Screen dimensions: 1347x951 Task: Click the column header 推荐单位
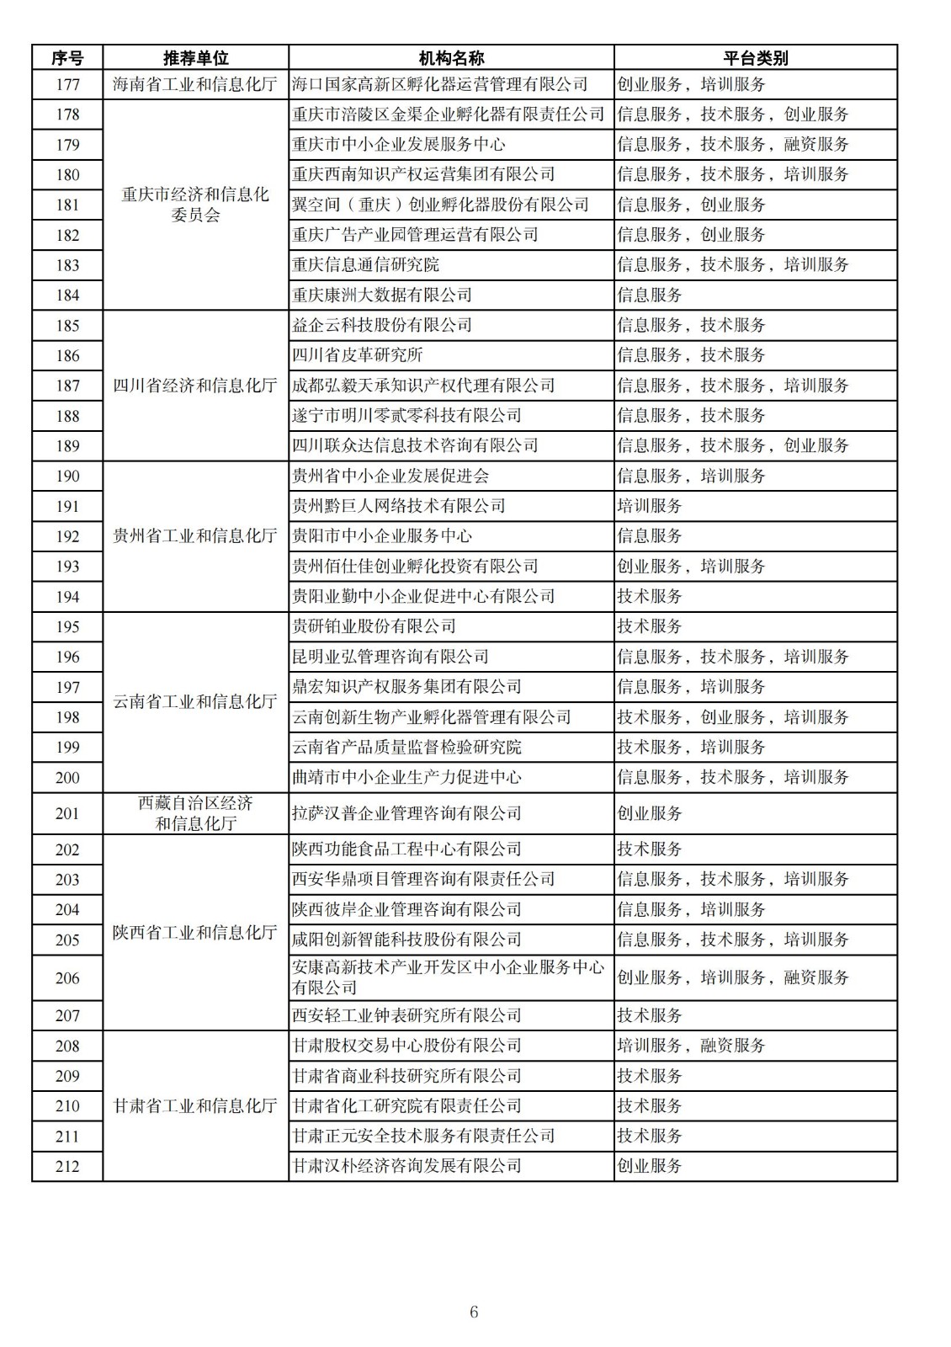(195, 58)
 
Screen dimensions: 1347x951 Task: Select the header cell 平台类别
(755, 58)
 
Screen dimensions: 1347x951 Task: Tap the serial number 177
(67, 84)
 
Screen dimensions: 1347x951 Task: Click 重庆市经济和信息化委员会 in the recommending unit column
(195, 205)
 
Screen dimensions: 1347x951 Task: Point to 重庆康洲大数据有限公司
(381, 295)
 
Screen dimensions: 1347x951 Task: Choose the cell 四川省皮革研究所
(357, 355)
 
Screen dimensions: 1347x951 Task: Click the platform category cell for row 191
(649, 506)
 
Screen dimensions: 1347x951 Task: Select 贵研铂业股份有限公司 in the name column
(374, 626)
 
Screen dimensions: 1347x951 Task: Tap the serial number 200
(67, 778)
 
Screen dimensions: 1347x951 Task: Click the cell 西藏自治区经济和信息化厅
(195, 813)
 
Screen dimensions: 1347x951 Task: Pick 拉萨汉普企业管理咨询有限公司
(406, 813)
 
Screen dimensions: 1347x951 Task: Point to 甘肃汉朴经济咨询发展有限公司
(406, 1166)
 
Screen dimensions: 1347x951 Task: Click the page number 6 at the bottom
(474, 1312)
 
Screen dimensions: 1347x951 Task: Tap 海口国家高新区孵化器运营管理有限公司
(439, 84)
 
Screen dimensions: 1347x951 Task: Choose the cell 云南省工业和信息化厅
(195, 702)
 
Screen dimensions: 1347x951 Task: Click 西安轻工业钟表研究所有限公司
(406, 1015)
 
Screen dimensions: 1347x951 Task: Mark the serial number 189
(67, 446)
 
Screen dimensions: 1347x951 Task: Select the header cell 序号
(67, 58)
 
